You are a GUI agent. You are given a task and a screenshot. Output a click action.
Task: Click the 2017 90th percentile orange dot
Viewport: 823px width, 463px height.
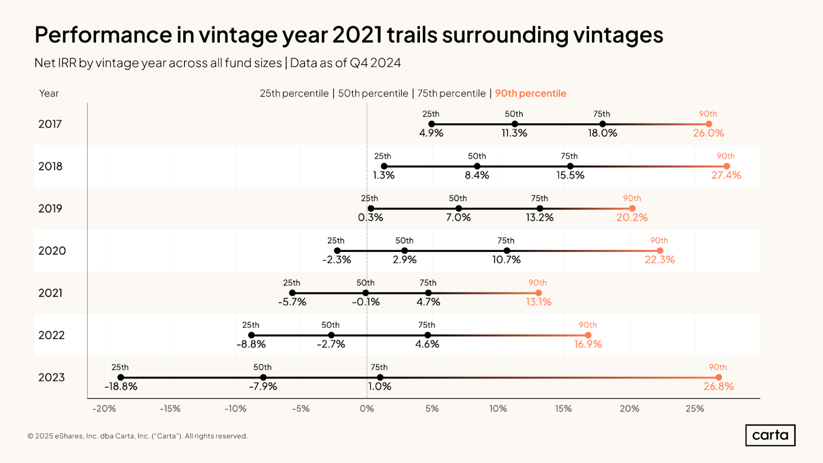(x=709, y=124)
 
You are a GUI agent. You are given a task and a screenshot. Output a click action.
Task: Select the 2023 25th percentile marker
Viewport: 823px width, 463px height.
(x=121, y=377)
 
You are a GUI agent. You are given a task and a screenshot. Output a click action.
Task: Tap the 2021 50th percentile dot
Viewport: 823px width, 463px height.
(x=366, y=293)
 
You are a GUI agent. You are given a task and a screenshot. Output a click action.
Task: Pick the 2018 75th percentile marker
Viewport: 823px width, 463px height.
(x=570, y=166)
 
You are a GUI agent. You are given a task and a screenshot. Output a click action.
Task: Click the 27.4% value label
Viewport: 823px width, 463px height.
(x=726, y=175)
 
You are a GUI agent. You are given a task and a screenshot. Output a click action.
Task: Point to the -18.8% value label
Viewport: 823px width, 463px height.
(x=121, y=386)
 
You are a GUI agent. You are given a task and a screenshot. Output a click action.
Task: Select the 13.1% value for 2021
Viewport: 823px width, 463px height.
(x=539, y=302)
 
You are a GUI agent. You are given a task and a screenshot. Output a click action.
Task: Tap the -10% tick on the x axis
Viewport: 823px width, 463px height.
(x=235, y=409)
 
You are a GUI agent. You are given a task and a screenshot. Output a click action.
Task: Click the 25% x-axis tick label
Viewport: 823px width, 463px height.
(x=695, y=409)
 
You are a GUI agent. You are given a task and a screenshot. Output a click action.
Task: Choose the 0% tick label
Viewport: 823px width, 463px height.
(x=367, y=409)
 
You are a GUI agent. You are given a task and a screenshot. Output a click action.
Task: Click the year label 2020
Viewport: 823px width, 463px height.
(x=52, y=251)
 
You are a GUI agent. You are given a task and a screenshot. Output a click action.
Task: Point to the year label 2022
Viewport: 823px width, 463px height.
(x=51, y=335)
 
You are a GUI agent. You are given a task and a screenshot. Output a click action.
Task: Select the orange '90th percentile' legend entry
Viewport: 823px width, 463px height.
(x=530, y=93)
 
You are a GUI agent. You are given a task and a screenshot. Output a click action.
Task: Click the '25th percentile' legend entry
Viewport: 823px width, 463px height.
(x=294, y=93)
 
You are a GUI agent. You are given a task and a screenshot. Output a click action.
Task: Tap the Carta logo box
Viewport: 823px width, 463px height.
(x=770, y=435)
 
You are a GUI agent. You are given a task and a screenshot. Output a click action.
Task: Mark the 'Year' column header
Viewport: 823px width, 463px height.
(x=49, y=93)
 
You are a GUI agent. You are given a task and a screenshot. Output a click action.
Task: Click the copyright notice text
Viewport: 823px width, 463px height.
(x=138, y=436)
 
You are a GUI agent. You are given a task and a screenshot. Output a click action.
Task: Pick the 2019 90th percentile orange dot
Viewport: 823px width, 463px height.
(x=632, y=209)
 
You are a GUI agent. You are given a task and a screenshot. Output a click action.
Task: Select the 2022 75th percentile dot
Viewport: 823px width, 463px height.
(x=428, y=335)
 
